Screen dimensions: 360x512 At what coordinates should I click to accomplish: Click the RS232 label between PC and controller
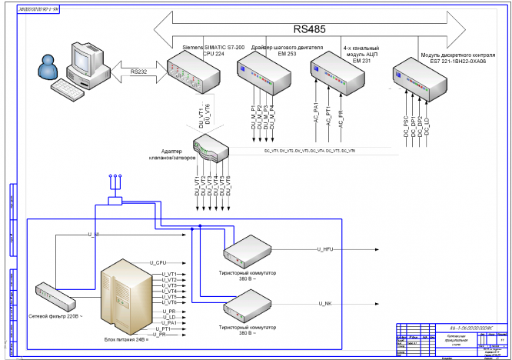tap(138, 72)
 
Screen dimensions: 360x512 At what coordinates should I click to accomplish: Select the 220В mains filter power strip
tap(56, 292)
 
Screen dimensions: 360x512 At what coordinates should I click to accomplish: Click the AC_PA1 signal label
tap(316, 113)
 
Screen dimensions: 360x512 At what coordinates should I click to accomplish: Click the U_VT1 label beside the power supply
tap(169, 274)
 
